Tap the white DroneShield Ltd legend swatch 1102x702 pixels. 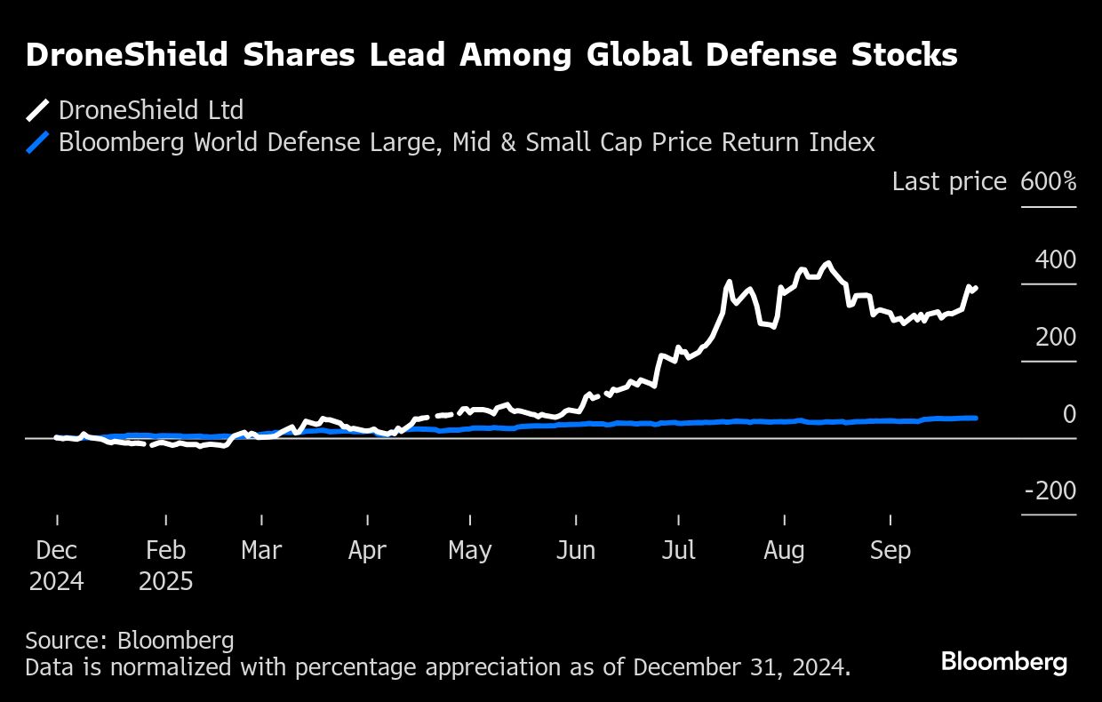point(37,111)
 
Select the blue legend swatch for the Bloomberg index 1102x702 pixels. point(37,143)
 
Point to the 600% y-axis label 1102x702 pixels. point(1049,182)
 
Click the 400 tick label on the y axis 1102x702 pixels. point(1055,260)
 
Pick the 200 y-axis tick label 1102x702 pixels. point(1055,338)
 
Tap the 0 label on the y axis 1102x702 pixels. point(1069,414)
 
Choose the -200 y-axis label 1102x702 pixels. point(1050,491)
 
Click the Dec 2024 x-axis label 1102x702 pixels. point(56,566)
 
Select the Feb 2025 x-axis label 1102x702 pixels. point(166,566)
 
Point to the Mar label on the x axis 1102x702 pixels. point(261,551)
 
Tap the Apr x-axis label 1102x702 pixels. point(367,551)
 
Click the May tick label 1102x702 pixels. point(470,551)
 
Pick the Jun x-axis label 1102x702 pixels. point(576,551)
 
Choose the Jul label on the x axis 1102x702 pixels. point(679,551)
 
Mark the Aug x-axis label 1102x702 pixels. point(784,551)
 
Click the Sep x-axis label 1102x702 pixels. point(890,551)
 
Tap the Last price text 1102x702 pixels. point(949,182)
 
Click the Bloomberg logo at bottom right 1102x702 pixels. point(1004,662)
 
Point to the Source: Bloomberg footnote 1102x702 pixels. point(130,641)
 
